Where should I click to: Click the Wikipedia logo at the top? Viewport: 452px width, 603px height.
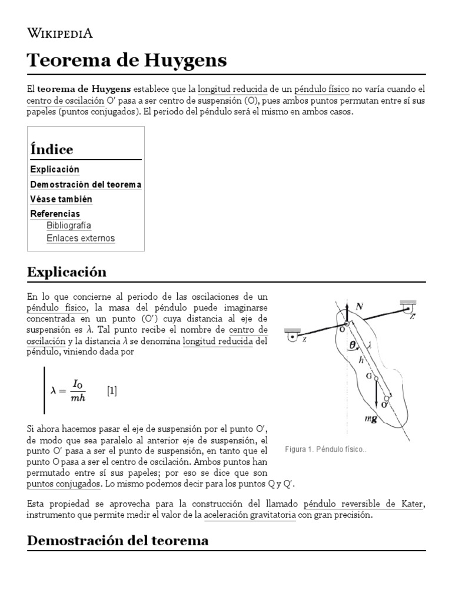click(61, 33)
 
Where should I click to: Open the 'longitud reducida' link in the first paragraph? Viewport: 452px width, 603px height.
click(232, 90)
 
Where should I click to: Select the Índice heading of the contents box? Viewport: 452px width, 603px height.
click(52, 149)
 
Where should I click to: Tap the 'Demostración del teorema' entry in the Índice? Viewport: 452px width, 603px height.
click(85, 184)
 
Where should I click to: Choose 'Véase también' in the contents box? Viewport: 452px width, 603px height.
click(61, 199)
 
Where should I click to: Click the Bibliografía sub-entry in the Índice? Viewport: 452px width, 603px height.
click(69, 226)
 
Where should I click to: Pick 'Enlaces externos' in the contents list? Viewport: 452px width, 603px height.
click(81, 238)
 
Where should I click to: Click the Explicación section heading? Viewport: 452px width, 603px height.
click(67, 271)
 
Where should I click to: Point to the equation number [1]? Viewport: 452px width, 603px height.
click(112, 390)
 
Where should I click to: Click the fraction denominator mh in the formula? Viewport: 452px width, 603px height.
click(77, 397)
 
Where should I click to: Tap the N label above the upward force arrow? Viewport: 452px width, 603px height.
click(358, 307)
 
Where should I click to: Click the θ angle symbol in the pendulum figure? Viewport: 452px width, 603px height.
click(352, 346)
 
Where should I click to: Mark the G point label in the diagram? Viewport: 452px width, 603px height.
click(369, 376)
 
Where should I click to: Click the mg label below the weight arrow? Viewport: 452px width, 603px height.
click(370, 419)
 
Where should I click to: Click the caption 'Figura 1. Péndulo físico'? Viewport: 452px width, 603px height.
click(325, 449)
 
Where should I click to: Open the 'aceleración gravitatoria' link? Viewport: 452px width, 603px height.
click(250, 515)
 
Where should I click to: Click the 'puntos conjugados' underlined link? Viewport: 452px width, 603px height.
click(64, 483)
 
